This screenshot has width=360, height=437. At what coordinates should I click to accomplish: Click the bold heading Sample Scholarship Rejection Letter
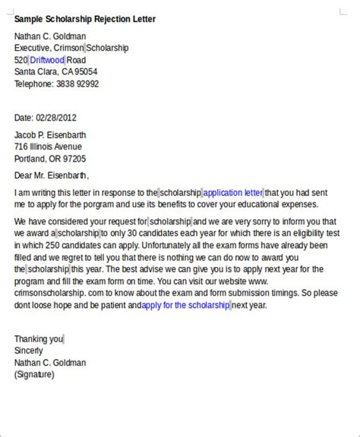84,19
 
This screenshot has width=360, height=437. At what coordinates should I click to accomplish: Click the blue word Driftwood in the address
47,60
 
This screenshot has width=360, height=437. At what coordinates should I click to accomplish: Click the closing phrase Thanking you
39,339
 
